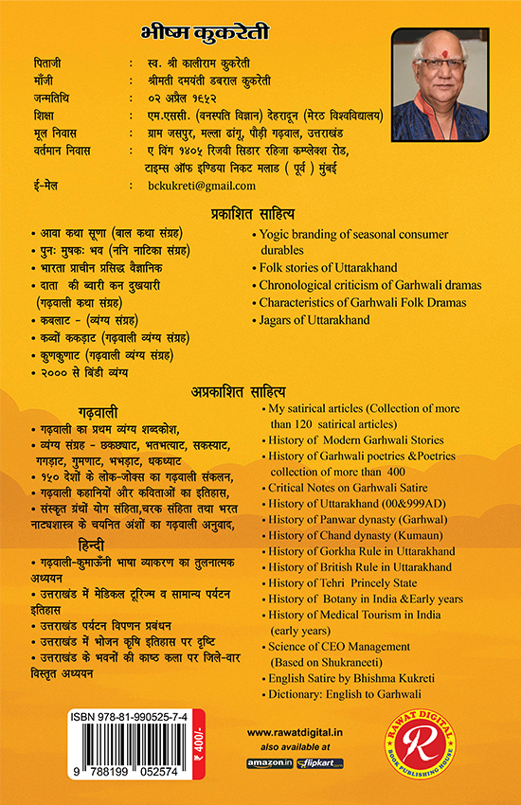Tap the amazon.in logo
point(268,762)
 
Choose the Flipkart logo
point(320,762)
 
